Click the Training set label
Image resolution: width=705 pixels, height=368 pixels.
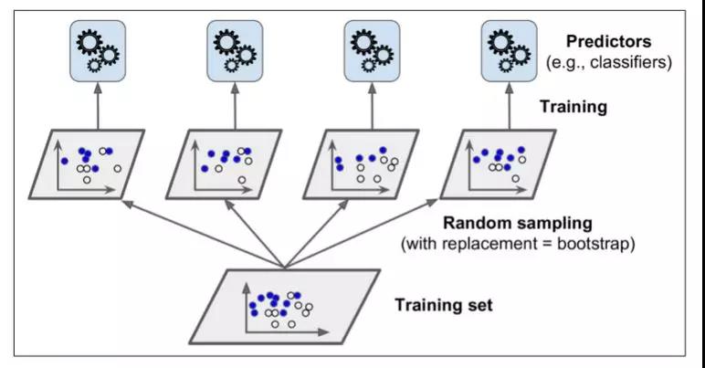coord(444,304)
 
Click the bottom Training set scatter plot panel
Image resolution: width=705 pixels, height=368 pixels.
coord(283,307)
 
